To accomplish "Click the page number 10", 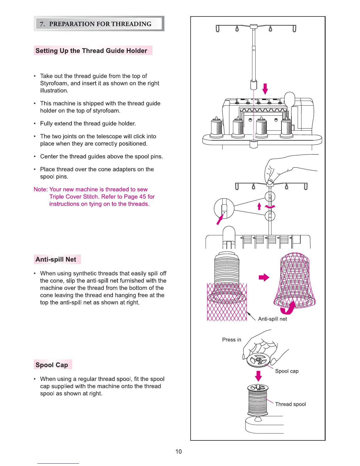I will pos(179,451).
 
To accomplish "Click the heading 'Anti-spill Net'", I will pos(56,259).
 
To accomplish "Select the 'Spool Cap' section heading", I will pos(52,365).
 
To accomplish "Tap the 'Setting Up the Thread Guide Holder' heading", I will pos(91,51).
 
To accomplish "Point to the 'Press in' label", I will pos(231,339).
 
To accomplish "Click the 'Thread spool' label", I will pos(290,404).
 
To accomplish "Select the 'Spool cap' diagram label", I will pos(287,371).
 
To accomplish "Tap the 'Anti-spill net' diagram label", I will pos(272,319).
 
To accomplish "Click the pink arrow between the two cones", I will pos(264,277).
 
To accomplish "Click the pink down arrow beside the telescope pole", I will pos(265,89).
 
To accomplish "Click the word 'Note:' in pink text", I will pos(41,189).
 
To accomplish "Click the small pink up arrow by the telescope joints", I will pos(259,206).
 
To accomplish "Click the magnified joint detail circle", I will pos(224,209).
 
